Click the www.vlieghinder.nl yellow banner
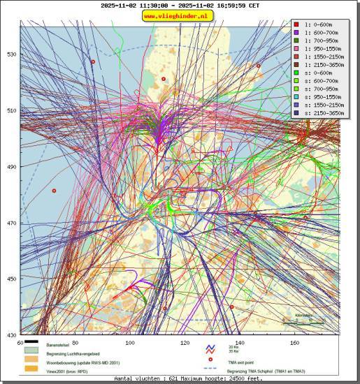180,16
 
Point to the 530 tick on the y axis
12,54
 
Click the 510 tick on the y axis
12,110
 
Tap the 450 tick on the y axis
12,279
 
